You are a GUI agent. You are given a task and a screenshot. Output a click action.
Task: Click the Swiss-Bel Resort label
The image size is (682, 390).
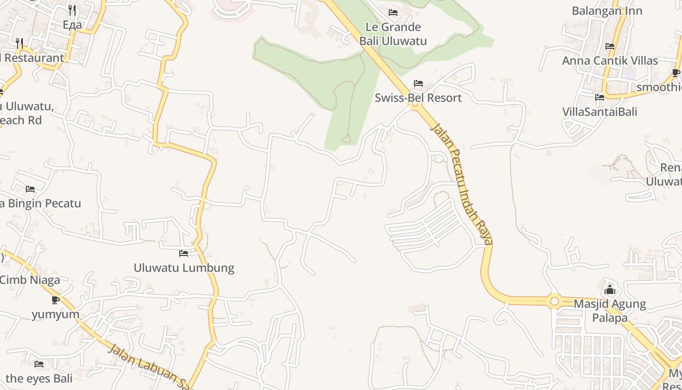tap(418, 98)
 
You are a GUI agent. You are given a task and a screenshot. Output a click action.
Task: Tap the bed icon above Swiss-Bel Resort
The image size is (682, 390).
tap(418, 83)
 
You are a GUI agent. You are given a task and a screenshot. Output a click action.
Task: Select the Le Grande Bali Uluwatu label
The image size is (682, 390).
tap(393, 34)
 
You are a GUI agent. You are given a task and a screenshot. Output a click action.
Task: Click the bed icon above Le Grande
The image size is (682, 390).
tap(393, 13)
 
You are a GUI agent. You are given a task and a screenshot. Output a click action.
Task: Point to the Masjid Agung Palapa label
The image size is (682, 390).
tap(610, 311)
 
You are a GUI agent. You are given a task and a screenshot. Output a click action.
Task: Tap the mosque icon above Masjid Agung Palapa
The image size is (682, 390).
tap(610, 290)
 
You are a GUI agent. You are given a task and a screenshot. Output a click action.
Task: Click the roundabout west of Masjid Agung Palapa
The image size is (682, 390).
tap(554, 301)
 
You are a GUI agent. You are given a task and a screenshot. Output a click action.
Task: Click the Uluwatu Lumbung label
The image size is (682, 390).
tap(184, 268)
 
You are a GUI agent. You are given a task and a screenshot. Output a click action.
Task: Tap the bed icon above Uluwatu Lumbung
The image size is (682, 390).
tap(184, 253)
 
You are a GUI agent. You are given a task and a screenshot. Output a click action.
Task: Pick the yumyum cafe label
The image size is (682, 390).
tap(56, 314)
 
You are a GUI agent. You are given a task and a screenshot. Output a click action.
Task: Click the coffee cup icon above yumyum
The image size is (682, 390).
tap(56, 300)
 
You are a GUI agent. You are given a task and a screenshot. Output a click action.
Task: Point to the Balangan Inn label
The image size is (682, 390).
tap(607, 11)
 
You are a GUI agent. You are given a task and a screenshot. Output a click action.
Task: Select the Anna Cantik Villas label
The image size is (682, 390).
tap(610, 61)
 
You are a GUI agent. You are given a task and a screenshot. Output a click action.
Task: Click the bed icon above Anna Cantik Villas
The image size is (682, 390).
tap(610, 46)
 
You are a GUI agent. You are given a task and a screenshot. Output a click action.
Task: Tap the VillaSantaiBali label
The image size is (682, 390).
tap(600, 112)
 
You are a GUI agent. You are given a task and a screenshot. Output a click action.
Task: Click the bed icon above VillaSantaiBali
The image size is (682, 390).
tap(600, 97)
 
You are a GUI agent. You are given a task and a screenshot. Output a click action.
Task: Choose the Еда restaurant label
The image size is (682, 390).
tap(73, 25)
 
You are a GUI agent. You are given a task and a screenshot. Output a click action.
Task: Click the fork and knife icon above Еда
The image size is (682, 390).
tap(72, 10)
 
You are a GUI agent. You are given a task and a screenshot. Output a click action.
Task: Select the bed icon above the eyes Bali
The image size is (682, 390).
tap(39, 364)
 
